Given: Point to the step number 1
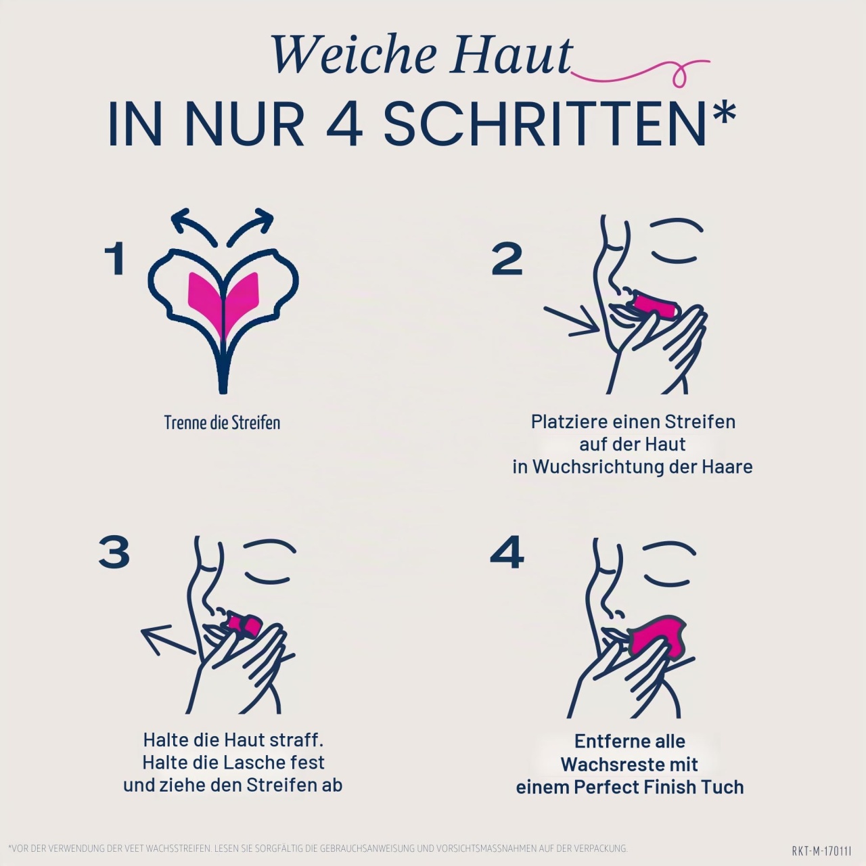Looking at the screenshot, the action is coord(114,259).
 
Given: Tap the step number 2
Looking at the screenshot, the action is coord(507,259).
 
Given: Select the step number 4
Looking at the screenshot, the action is coord(507,551).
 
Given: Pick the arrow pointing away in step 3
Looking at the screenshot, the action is coord(168,640).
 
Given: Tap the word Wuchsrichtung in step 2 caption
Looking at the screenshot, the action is coord(597,467).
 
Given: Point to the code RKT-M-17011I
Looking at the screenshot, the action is coord(822,850).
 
